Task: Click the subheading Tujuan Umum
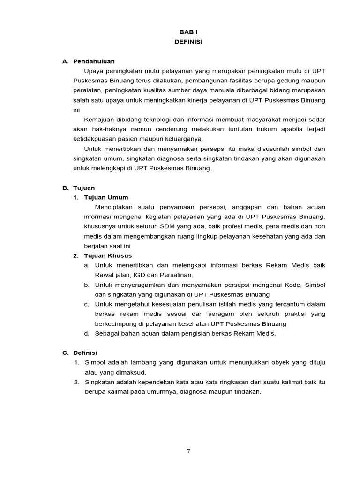tap(106, 197)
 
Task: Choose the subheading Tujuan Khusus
tap(108, 255)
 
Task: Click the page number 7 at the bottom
tap(188, 451)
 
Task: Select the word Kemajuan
tap(99, 120)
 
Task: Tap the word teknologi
tap(161, 120)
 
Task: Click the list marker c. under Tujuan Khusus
tap(86, 304)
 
